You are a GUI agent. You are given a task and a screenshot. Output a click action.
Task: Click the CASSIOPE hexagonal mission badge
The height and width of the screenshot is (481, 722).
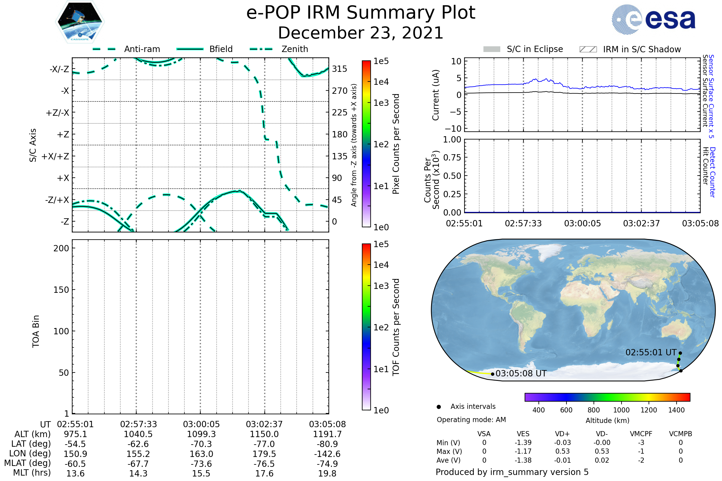coord(80,21)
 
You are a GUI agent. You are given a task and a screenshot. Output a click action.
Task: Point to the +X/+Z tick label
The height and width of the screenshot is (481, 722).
coord(55,156)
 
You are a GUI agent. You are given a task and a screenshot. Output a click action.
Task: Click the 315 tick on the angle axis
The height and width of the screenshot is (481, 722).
coord(340,69)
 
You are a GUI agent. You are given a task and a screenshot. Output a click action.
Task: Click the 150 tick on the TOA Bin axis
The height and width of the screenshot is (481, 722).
coord(61,290)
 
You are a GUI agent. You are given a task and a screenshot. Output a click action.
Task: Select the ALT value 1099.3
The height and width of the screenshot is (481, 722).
coord(201,434)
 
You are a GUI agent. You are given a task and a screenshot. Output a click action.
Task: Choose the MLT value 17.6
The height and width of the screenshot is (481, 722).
coord(264,473)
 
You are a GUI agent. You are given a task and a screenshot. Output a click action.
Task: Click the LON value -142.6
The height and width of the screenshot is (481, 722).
coord(327,454)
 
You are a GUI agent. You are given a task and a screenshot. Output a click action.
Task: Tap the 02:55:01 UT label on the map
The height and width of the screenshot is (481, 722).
coord(651,352)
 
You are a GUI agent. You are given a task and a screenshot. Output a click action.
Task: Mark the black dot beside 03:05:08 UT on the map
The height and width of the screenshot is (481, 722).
coord(493,374)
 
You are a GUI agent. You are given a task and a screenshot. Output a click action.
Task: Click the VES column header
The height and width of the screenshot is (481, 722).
coord(523,434)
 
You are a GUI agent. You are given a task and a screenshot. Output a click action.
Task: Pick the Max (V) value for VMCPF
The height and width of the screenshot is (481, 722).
coord(641,451)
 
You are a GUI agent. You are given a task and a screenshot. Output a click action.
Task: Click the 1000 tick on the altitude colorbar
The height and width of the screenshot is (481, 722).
coord(621,410)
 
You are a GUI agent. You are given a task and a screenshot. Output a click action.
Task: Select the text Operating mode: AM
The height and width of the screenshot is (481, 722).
coord(471,420)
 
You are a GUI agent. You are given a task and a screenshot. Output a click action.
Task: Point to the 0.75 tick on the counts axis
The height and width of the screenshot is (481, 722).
coord(452,158)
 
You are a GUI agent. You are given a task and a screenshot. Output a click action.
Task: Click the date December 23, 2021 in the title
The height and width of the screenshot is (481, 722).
coord(361,33)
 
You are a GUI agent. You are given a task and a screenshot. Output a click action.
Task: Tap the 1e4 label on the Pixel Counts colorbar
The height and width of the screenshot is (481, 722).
coord(381,82)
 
